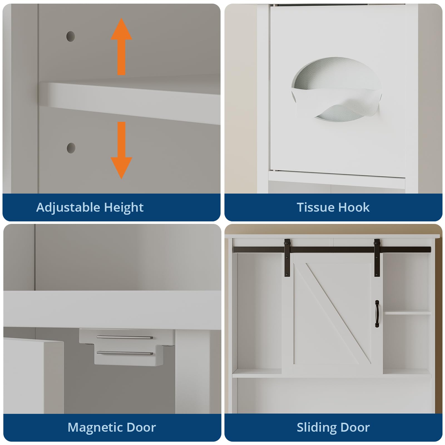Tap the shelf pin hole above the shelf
tap(71, 36)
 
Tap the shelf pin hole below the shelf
tap(71, 148)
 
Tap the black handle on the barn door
tap(377, 313)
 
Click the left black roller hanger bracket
tap(287, 257)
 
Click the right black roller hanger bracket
tap(377, 257)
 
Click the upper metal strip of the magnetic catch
tap(125, 338)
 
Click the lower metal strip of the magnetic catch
tap(125, 353)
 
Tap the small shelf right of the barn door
tap(407, 313)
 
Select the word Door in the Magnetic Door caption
tap(141, 427)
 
